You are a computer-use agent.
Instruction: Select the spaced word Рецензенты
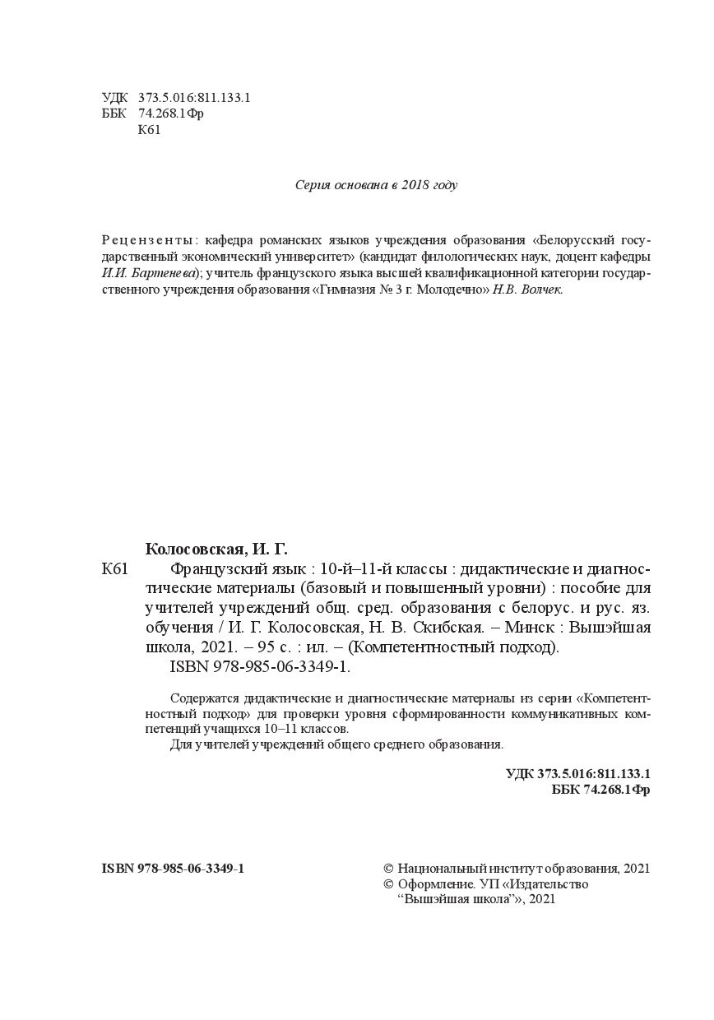pyautogui.click(x=149, y=241)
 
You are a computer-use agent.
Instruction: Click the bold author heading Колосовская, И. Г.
pyautogui.click(x=217, y=549)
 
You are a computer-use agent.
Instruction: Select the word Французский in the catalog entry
pyautogui.click(x=220, y=569)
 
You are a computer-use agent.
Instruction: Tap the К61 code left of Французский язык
pyautogui.click(x=115, y=569)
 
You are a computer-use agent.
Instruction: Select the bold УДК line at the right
pyautogui.click(x=578, y=774)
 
